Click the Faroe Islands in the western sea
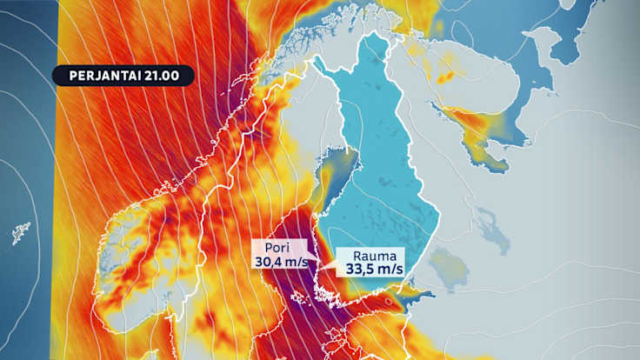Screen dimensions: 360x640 click(x=19, y=233)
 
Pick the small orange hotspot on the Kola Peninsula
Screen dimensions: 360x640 click(x=446, y=77)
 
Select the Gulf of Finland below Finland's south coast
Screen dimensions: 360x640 click(x=409, y=300)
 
